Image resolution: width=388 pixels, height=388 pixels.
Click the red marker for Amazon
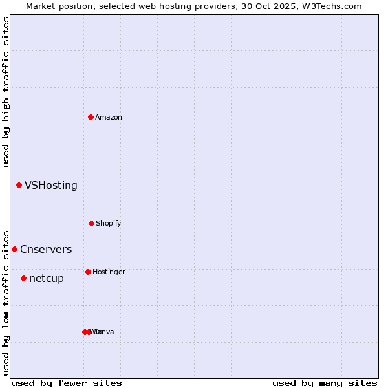[x=91, y=117]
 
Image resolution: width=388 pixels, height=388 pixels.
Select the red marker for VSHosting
[x=19, y=186]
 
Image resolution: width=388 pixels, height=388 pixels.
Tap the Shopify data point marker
[x=91, y=223]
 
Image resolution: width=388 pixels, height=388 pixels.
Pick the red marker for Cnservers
[x=14, y=249]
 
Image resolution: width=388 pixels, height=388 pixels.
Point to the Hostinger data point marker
[x=88, y=272]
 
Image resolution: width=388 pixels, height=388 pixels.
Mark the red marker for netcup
[x=23, y=278]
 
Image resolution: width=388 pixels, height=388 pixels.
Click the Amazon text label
[x=109, y=117]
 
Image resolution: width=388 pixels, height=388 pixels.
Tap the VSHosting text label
[x=51, y=186]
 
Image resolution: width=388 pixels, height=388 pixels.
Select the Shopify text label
[x=109, y=223]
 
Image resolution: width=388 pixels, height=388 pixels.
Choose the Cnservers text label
[x=46, y=249]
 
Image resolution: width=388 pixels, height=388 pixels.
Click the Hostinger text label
[x=109, y=272]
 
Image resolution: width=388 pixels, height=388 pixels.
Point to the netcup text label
[x=47, y=279]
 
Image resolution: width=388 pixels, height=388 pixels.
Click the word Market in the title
[x=41, y=6]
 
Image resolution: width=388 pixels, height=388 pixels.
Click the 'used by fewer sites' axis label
[x=67, y=383]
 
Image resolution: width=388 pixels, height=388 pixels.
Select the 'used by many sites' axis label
[x=325, y=383]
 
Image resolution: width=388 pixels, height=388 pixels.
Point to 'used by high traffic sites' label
[x=6, y=92]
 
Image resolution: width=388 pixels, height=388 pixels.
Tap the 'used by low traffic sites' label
[x=6, y=303]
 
